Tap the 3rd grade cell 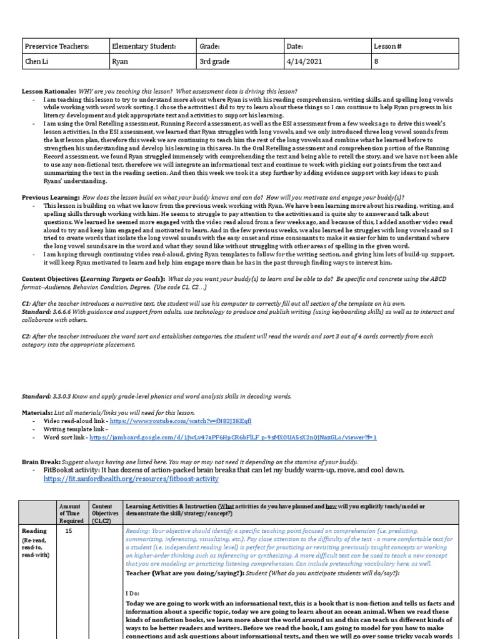point(214,62)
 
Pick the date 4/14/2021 point(302,62)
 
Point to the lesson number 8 point(376,62)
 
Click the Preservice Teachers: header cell point(56,46)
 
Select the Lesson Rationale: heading point(49,92)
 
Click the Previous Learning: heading point(51,197)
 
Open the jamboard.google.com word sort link point(232,438)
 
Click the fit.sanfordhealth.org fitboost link point(131,479)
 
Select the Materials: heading point(37,412)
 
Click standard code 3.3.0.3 point(63,396)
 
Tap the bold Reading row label point(34,531)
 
